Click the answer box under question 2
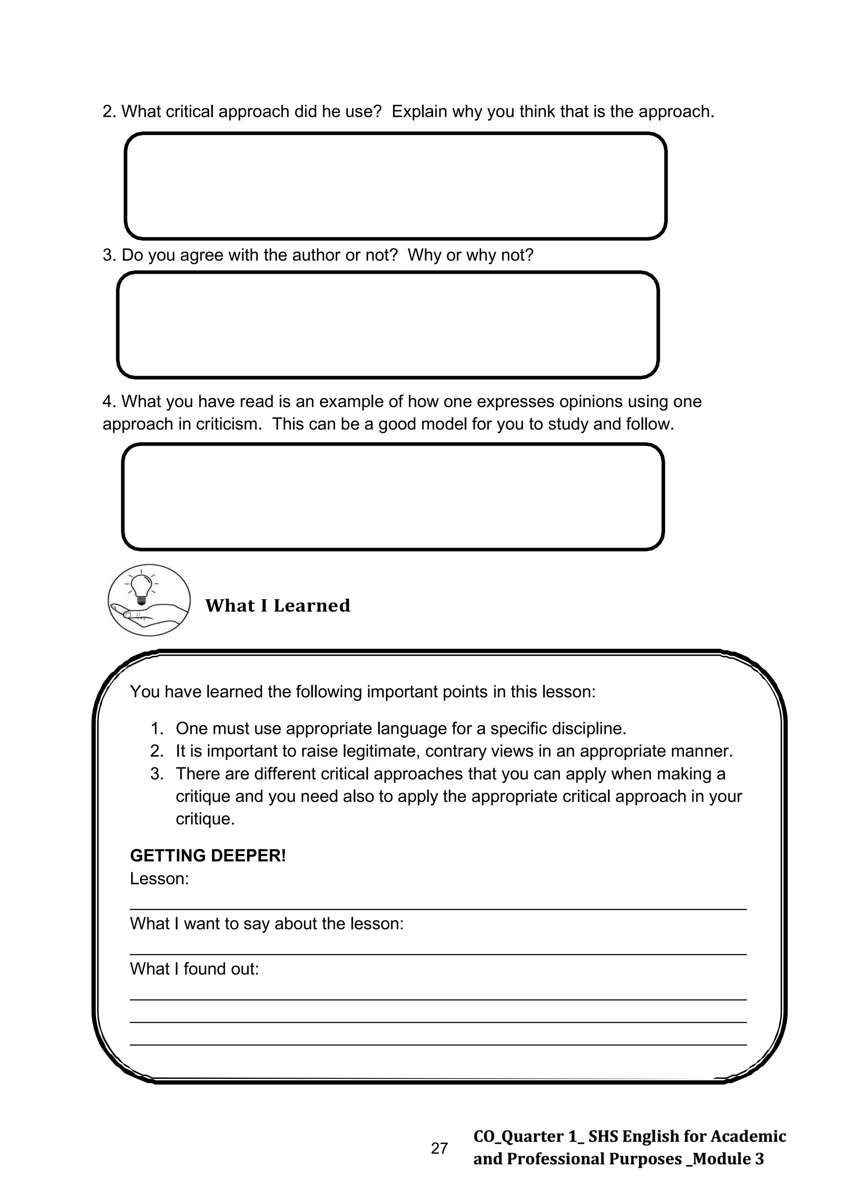(x=395, y=186)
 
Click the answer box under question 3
(x=388, y=325)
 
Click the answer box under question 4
(x=393, y=497)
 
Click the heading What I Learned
(x=277, y=606)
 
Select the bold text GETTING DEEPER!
(x=208, y=855)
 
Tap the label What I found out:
(x=194, y=969)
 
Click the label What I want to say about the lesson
(x=266, y=923)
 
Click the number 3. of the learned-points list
(x=157, y=773)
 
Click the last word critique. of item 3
(x=205, y=818)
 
